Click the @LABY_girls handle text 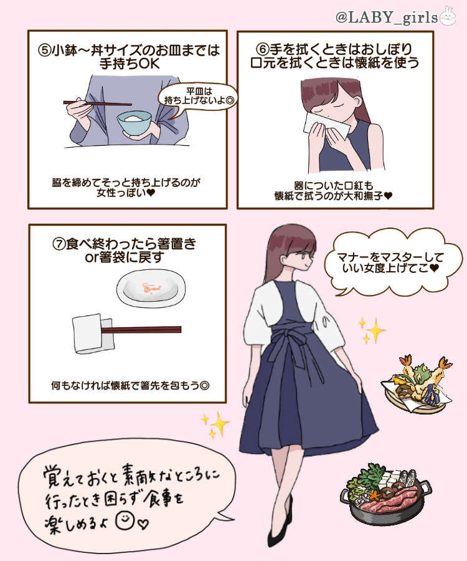point(386,17)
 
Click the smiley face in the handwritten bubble point(126,519)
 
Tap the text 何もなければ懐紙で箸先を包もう point(130,385)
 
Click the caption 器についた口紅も point(333,185)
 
